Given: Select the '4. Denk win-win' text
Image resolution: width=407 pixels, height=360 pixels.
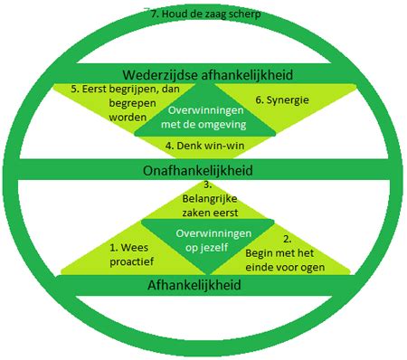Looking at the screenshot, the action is (x=206, y=145).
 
